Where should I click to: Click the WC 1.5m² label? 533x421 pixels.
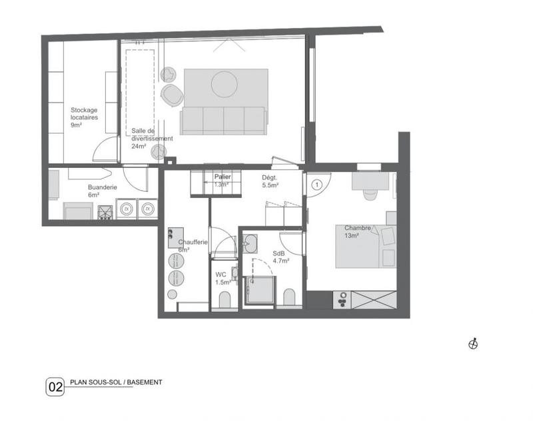click(223, 278)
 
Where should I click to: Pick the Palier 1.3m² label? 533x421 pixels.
click(223, 180)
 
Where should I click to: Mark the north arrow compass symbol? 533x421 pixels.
click(474, 344)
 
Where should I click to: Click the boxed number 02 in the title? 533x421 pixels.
click(55, 387)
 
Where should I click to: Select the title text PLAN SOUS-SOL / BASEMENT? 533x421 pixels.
click(116, 382)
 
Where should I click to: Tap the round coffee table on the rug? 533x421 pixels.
click(224, 84)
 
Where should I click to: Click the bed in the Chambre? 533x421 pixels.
click(365, 245)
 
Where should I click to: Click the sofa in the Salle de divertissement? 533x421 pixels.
click(224, 119)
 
